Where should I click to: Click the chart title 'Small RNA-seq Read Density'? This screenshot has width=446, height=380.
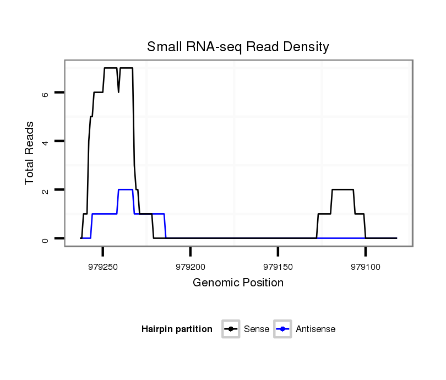(238, 47)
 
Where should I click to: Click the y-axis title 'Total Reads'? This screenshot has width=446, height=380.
(30, 153)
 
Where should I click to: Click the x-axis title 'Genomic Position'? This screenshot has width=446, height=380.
(238, 283)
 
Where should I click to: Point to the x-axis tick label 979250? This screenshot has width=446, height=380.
(102, 266)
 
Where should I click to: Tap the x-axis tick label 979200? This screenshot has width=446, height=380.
(190, 266)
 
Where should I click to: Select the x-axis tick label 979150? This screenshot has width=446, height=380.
(278, 266)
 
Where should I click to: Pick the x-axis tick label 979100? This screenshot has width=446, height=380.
(365, 266)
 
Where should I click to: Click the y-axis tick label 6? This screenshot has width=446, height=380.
(46, 93)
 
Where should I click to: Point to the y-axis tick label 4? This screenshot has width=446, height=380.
(46, 142)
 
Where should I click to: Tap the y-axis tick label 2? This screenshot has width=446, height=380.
(46, 190)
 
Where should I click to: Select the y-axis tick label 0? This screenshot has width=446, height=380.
(46, 238)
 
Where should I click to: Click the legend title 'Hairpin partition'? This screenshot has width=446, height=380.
(177, 329)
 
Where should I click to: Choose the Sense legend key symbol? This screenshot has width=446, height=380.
(231, 329)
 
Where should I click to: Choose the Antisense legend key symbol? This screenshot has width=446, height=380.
(282, 329)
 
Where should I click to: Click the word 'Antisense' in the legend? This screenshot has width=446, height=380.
(316, 329)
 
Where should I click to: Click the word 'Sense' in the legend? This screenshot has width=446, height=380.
(257, 329)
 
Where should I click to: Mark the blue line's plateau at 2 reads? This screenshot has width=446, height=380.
(126, 189)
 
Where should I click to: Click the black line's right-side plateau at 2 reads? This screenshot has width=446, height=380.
(342, 189)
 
